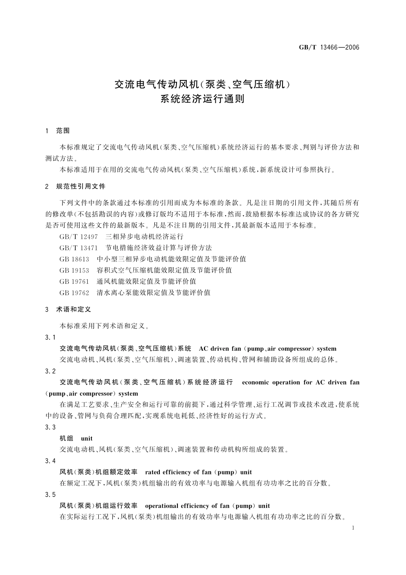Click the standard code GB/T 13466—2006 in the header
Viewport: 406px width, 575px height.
click(x=329, y=47)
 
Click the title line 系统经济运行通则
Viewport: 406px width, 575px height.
click(x=202, y=99)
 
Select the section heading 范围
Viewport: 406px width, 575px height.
click(x=62, y=130)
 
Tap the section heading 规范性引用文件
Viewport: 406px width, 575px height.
click(x=81, y=187)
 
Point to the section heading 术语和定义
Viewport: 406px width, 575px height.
click(x=74, y=309)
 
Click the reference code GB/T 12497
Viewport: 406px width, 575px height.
click(x=79, y=237)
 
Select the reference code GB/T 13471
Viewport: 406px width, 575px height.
click(x=79, y=248)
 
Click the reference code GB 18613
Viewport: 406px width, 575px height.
click(x=74, y=259)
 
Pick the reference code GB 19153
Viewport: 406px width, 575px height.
click(x=74, y=270)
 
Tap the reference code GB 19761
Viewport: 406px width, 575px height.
click(x=74, y=281)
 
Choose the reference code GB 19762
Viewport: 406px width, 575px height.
click(x=74, y=293)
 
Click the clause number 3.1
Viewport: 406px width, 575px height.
click(x=50, y=338)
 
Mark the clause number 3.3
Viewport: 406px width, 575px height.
click(x=50, y=427)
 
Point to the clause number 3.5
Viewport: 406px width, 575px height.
click(x=50, y=495)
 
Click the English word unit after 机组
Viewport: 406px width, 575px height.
click(x=87, y=439)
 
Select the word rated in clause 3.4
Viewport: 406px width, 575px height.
click(x=153, y=472)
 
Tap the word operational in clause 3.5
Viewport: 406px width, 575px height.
click(x=161, y=506)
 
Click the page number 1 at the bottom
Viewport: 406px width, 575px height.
click(x=353, y=528)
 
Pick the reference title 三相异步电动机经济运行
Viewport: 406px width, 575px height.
click(x=144, y=237)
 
